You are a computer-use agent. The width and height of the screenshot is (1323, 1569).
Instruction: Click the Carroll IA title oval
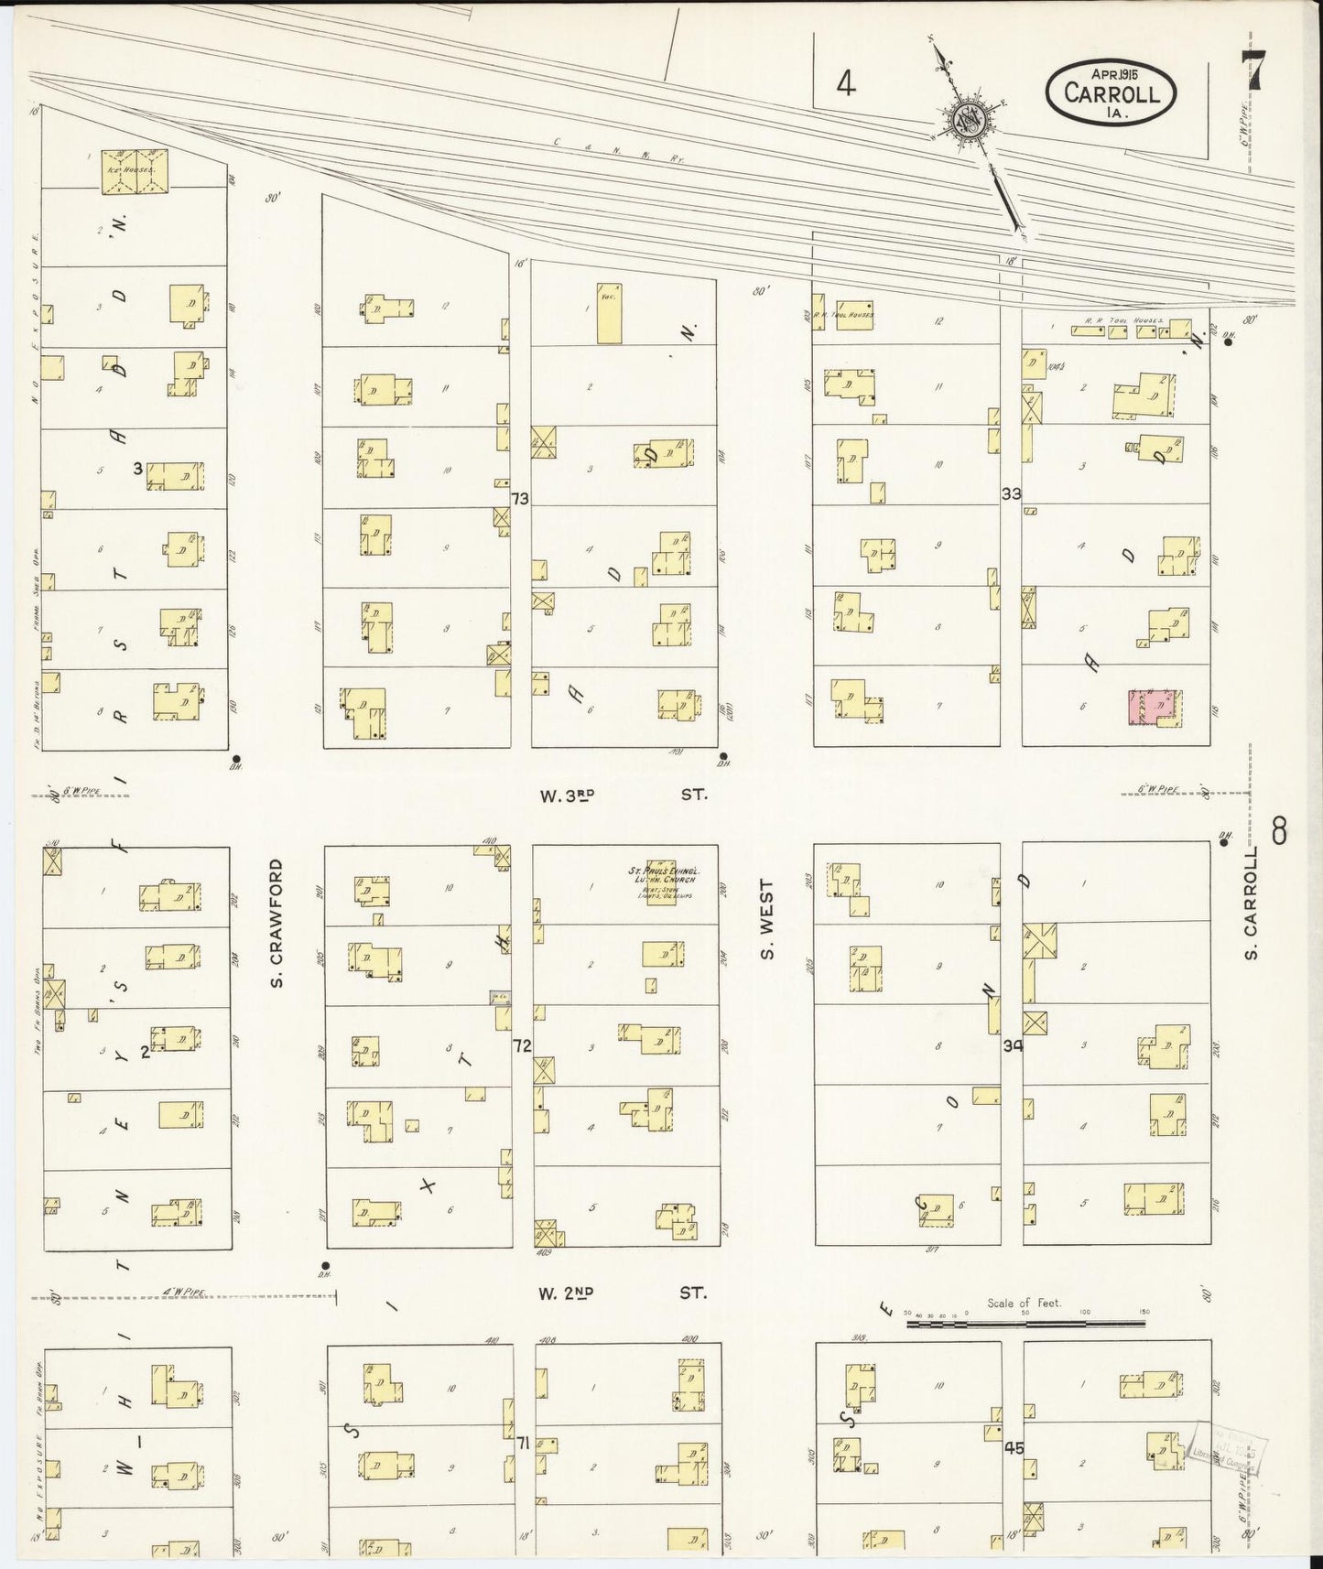click(x=1112, y=92)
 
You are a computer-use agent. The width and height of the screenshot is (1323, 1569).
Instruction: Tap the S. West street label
click(x=767, y=919)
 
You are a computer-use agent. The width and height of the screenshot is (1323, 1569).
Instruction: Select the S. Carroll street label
click(x=1253, y=903)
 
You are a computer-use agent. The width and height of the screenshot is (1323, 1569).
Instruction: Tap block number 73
click(x=521, y=499)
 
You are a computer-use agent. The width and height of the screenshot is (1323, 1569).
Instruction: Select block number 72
click(x=521, y=1045)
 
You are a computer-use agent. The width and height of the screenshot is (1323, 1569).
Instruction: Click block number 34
click(x=1012, y=1045)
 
